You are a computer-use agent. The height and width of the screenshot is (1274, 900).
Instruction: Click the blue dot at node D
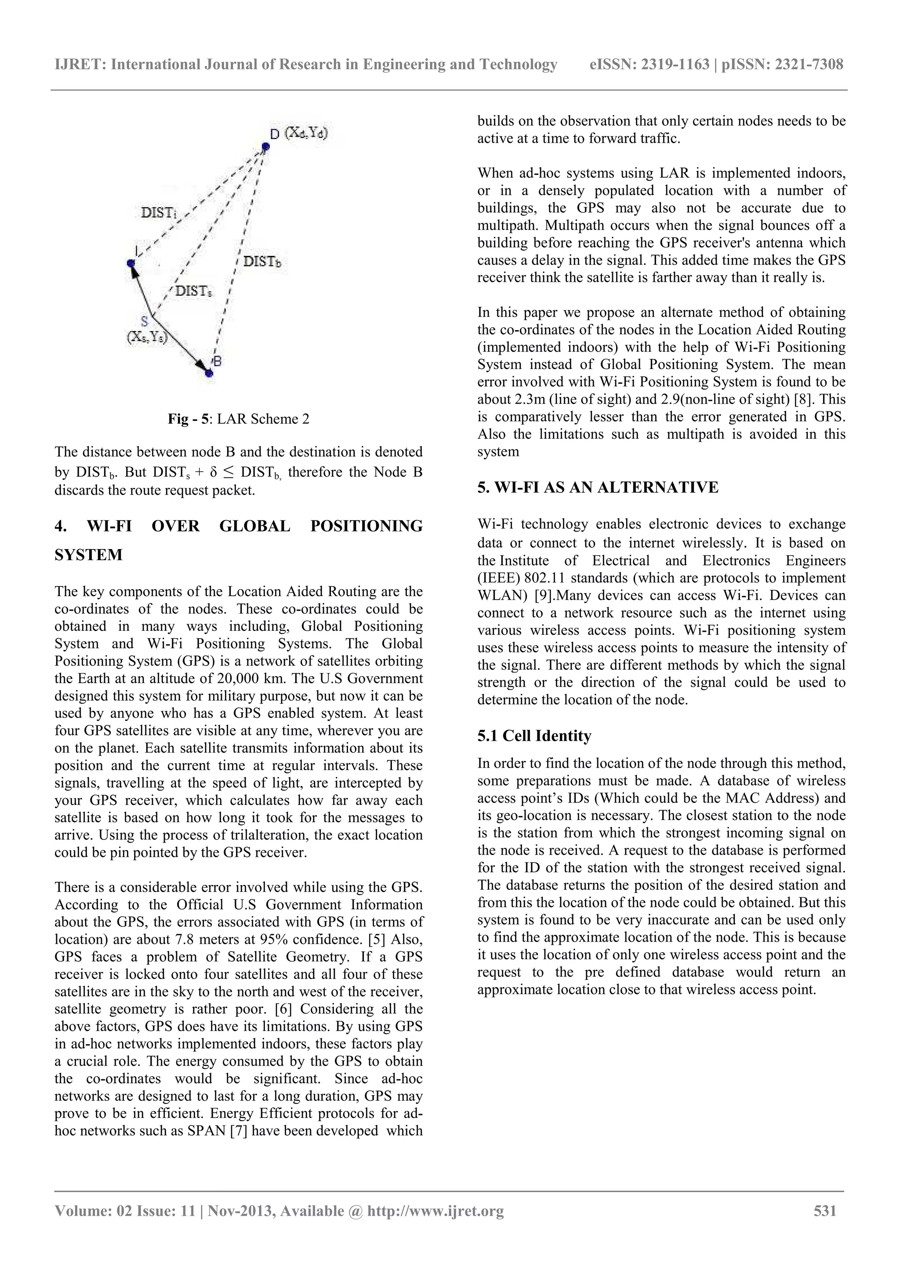click(x=265, y=146)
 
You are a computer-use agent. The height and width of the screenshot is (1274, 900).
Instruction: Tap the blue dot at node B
click(x=209, y=373)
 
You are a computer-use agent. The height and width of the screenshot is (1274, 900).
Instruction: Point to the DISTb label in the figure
click(x=262, y=261)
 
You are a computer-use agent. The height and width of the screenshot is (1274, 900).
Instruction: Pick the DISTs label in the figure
click(x=193, y=291)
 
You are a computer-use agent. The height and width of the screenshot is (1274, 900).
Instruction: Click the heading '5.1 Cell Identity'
click(x=534, y=736)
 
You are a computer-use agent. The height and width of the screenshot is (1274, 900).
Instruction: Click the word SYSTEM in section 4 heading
click(x=89, y=555)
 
